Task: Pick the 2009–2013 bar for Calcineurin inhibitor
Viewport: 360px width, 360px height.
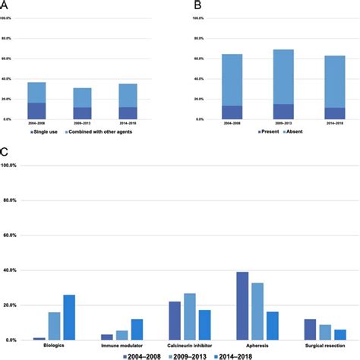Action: pyautogui.click(x=190, y=316)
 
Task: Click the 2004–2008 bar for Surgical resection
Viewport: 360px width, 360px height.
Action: pyautogui.click(x=310, y=329)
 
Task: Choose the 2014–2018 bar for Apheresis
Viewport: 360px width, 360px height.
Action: pyautogui.click(x=272, y=325)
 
